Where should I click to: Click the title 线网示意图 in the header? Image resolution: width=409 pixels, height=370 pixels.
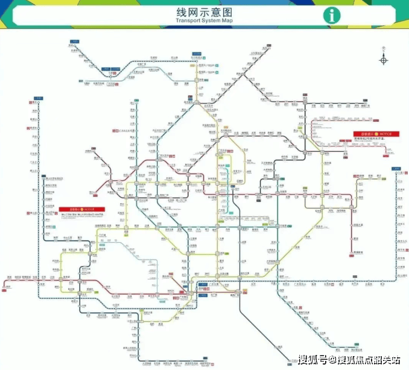[x=204, y=11]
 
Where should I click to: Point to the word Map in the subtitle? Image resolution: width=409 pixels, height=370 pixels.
[x=226, y=20]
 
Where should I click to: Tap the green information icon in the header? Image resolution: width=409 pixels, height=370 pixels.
[x=331, y=15]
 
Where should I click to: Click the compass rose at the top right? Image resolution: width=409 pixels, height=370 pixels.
[x=384, y=58]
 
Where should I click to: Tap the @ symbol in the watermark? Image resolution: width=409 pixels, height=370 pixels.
[x=334, y=360]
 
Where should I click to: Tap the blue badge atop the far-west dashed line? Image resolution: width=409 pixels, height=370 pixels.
[x=39, y=98]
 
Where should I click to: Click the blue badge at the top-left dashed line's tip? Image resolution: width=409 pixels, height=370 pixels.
[x=74, y=42]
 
